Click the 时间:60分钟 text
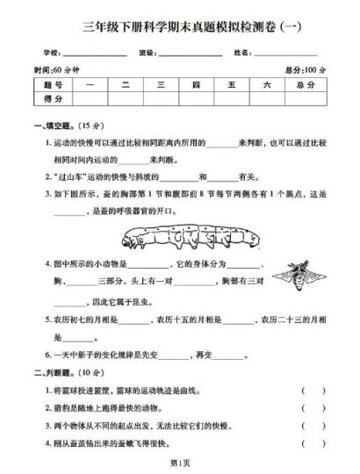(x=54, y=70)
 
